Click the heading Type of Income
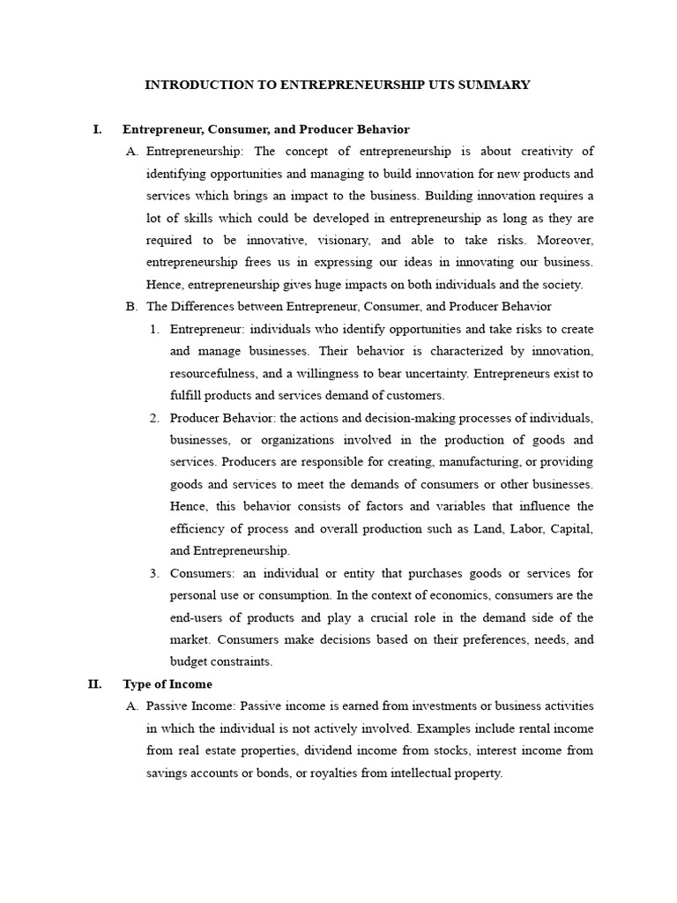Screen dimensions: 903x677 click(x=167, y=683)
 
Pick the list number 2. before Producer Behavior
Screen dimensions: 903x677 click(x=154, y=417)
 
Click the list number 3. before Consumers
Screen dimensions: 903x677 click(x=154, y=573)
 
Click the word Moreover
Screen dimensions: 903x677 click(x=562, y=240)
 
